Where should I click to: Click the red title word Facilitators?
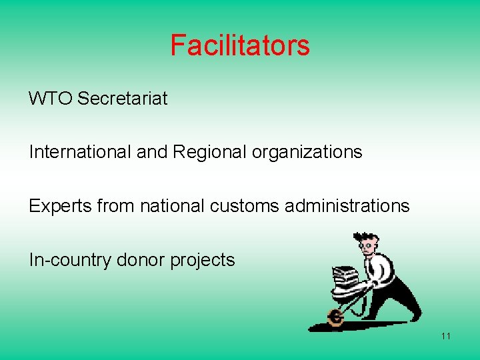[240, 45]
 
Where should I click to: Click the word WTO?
[51, 99]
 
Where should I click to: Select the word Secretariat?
[123, 99]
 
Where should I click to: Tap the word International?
[80, 152]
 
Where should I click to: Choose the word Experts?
[56, 206]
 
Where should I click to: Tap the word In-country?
[70, 259]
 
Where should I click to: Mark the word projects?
[203, 259]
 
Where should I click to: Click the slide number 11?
[445, 335]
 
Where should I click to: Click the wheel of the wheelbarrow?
[335, 318]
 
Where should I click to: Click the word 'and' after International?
[152, 152]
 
